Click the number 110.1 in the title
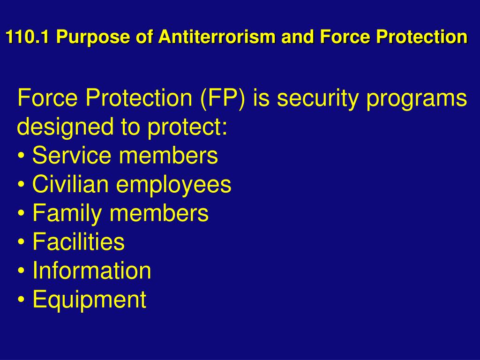click(x=27, y=37)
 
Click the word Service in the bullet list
click(x=72, y=155)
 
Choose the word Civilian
click(x=70, y=184)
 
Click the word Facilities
click(x=79, y=241)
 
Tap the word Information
click(x=92, y=270)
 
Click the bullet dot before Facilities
click(x=21, y=242)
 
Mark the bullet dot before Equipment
click(x=21, y=300)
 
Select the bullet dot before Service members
click(x=21, y=156)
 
